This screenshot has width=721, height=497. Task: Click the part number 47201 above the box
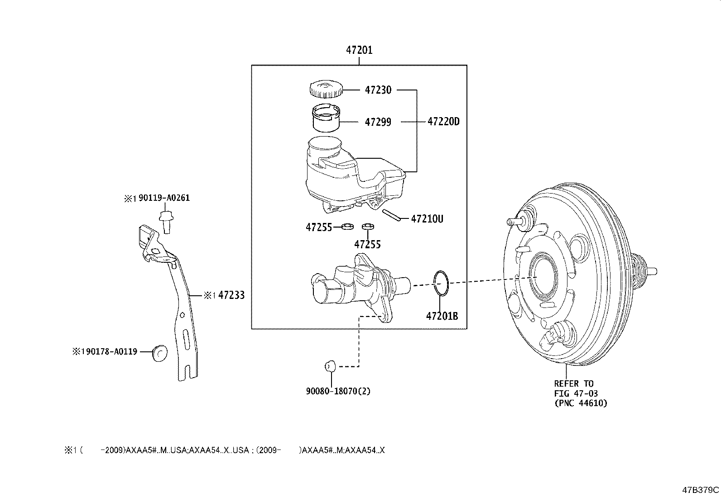[x=359, y=50]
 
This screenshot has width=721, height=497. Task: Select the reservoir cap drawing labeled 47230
[x=325, y=90]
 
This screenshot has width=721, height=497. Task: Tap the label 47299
[x=378, y=122]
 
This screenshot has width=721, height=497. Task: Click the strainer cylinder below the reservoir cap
[x=325, y=118]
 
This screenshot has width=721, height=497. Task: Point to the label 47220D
[x=443, y=122]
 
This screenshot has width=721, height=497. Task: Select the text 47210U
[x=427, y=219]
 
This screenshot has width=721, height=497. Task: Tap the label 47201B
[x=442, y=316]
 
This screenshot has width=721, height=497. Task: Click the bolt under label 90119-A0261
[x=166, y=221]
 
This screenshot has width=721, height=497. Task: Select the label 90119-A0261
[x=163, y=198]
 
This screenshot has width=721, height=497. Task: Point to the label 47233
[x=231, y=296]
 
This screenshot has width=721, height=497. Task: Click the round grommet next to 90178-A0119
[x=159, y=353]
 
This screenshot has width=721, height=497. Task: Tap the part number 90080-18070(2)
[x=338, y=391]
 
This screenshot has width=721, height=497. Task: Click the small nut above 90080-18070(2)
[x=330, y=365]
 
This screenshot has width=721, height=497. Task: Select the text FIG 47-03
[x=576, y=393]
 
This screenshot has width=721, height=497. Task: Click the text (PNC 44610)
[x=581, y=403]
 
